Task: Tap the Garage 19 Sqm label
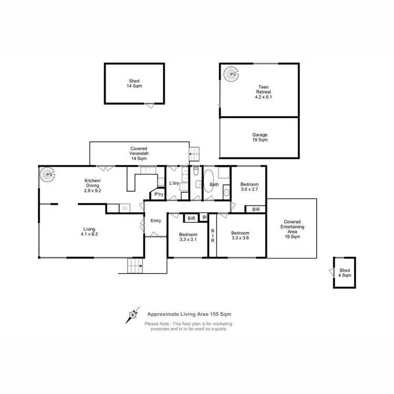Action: (x=260, y=138)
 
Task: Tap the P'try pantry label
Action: (x=158, y=195)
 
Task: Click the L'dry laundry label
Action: (x=175, y=183)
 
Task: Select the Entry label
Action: (x=155, y=221)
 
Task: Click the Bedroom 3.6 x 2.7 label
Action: (x=249, y=188)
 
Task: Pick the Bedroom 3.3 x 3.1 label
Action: (x=188, y=237)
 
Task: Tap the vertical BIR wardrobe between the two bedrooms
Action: (x=213, y=236)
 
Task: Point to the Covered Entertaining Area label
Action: (x=292, y=229)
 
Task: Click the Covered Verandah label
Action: (x=139, y=152)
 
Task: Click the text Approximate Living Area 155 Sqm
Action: (x=189, y=313)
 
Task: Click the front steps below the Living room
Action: (x=136, y=266)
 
